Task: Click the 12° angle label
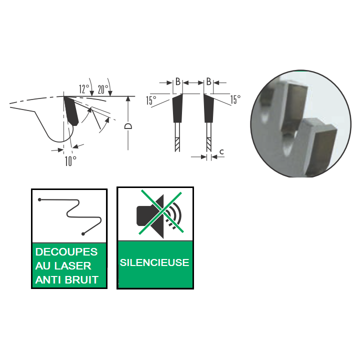pyautogui.click(x=84, y=89)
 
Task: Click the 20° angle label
pyautogui.click(x=103, y=89)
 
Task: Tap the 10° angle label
pyautogui.click(x=70, y=161)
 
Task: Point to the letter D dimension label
pyautogui.click(x=128, y=126)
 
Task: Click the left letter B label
pyautogui.click(x=178, y=81)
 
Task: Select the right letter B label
pyautogui.click(x=208, y=81)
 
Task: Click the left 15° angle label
pyautogui.click(x=151, y=100)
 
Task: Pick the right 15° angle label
pyautogui.click(x=235, y=99)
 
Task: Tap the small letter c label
pyautogui.click(x=221, y=152)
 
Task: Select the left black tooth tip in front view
pyautogui.click(x=177, y=108)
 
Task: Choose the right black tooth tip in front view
pyautogui.click(x=208, y=108)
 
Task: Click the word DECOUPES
pyautogui.click(x=66, y=252)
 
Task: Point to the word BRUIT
pyautogui.click(x=81, y=280)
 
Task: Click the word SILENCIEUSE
pyautogui.click(x=154, y=262)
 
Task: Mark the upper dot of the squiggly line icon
pyautogui.click(x=39, y=199)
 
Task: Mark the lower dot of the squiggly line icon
pyautogui.click(x=83, y=234)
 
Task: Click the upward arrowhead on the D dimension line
pyautogui.click(x=128, y=99)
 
